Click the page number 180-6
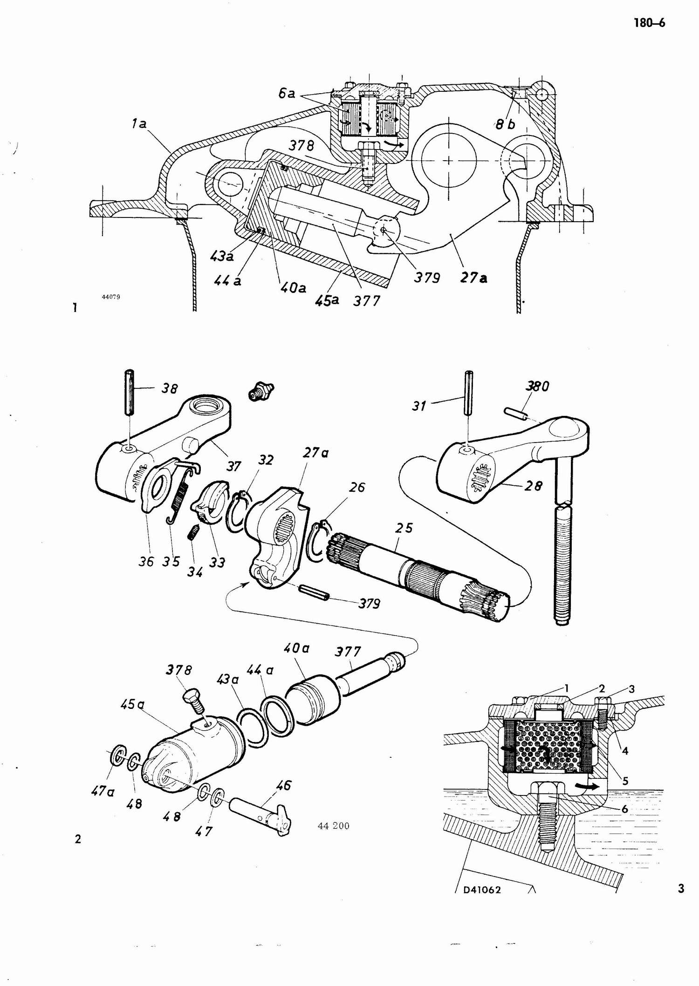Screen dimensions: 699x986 (x=649, y=23)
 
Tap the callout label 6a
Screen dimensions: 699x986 (x=287, y=94)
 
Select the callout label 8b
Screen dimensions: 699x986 (x=506, y=124)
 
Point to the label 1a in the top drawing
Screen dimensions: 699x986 (x=138, y=124)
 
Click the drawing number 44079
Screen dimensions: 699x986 (x=111, y=297)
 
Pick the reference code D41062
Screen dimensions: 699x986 (x=482, y=890)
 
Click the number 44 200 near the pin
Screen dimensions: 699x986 (x=333, y=826)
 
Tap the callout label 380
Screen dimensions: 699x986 (x=538, y=386)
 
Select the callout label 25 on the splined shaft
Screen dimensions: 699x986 (x=404, y=528)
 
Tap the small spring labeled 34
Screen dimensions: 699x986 (x=194, y=531)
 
